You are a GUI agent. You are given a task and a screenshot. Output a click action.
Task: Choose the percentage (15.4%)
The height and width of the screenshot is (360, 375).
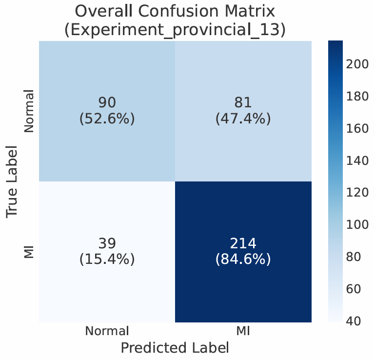107,259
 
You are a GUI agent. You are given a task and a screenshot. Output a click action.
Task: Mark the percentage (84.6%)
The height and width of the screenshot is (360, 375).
243,259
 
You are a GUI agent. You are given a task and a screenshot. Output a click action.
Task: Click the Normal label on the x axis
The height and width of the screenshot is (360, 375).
107,331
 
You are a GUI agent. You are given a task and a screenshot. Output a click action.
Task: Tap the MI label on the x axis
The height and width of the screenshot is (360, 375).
243,331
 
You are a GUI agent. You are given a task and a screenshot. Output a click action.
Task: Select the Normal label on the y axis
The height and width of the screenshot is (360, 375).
29,111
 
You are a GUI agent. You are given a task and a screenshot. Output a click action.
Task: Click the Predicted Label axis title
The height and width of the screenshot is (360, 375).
175,348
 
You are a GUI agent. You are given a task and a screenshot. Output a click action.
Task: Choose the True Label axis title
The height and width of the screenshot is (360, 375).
15,181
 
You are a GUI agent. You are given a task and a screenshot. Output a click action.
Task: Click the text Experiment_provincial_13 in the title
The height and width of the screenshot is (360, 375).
175,30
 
